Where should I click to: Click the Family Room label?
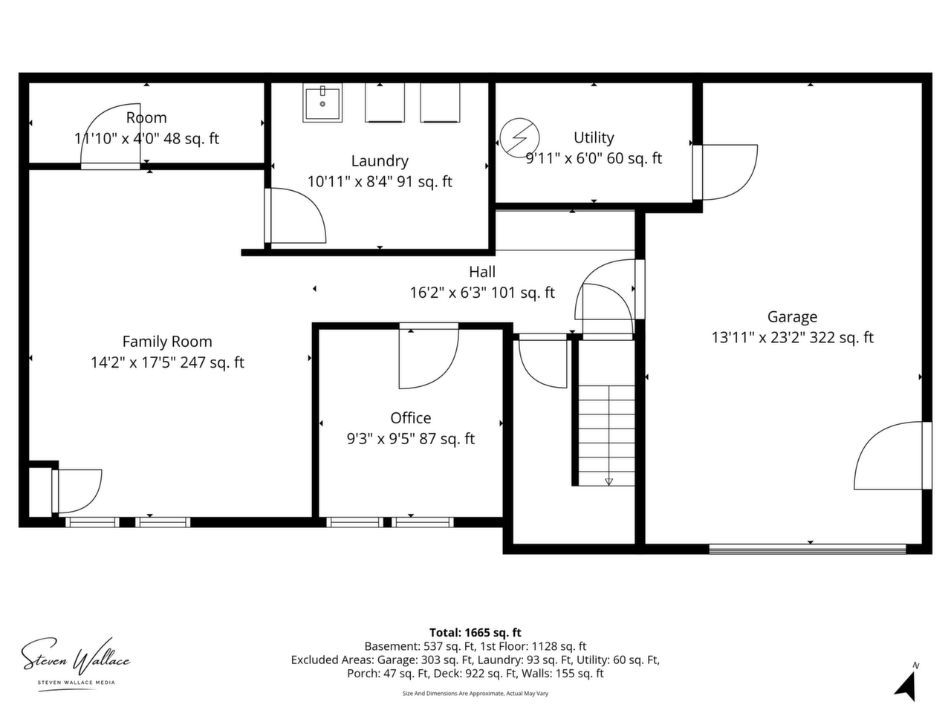coord(167,342)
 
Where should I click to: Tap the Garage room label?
coord(792,317)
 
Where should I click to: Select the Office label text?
coord(410,418)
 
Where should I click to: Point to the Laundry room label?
coord(380,161)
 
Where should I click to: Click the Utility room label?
coord(594,137)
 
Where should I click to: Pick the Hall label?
coord(481,272)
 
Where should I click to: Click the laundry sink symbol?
coord(322,103)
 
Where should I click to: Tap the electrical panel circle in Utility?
coord(519,138)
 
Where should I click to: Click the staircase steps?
coord(606,435)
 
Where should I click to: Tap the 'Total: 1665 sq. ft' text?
coord(475,633)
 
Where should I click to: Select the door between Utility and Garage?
coord(725,172)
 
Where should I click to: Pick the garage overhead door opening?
coord(807,550)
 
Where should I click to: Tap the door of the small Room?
coord(111,136)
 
